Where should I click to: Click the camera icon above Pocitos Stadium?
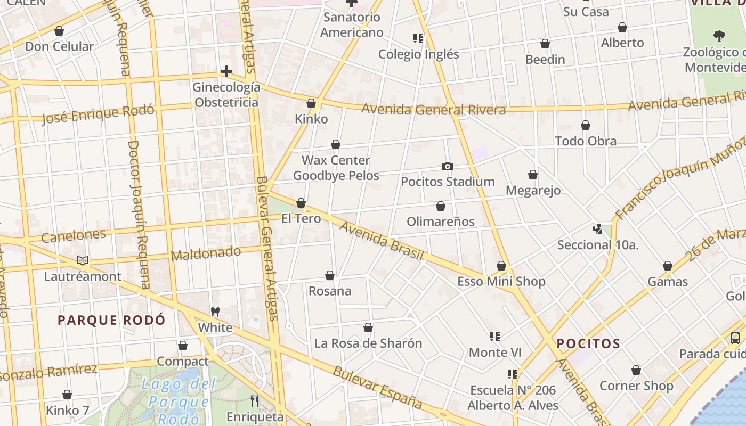(448, 166)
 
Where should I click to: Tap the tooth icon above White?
(215, 312)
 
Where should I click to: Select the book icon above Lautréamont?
(83, 260)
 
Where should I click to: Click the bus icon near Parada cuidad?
(735, 338)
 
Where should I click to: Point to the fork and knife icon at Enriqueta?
(255, 400)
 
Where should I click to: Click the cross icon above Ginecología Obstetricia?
(226, 71)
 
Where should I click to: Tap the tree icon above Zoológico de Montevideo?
(719, 36)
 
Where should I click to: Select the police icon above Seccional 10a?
(597, 229)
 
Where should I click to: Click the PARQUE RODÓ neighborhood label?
(111, 320)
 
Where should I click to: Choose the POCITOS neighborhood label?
(588, 343)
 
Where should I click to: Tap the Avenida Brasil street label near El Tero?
(382, 241)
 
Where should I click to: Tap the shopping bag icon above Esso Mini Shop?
(501, 266)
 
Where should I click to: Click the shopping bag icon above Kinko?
(311, 103)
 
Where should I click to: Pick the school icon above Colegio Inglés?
(418, 38)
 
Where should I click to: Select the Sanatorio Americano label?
(352, 24)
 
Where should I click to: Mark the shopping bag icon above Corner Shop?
(636, 370)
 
